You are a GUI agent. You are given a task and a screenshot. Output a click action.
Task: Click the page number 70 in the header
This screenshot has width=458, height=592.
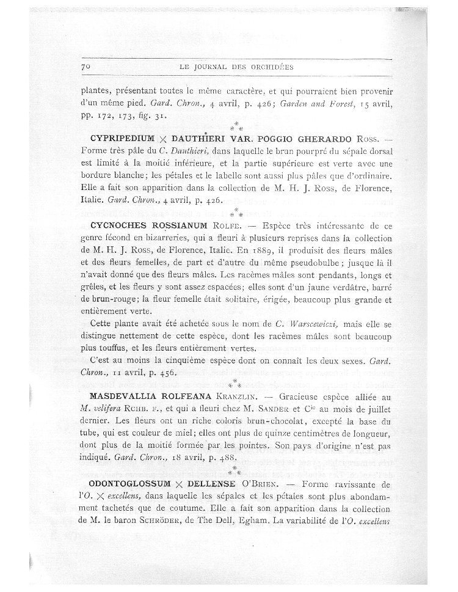[x=85, y=65]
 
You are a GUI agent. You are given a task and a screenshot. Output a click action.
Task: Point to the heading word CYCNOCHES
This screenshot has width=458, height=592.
[x=114, y=225]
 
